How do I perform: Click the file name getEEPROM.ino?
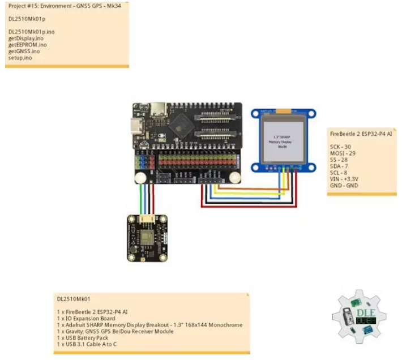[27, 45]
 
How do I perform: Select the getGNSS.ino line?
[24, 51]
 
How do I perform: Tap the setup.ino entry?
[20, 57]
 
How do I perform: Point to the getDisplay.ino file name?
[26, 38]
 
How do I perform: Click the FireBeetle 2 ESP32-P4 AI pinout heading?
[361, 134]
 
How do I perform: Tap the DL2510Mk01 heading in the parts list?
[74, 298]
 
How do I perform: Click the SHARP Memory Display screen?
[284, 139]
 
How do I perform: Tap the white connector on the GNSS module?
[149, 218]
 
